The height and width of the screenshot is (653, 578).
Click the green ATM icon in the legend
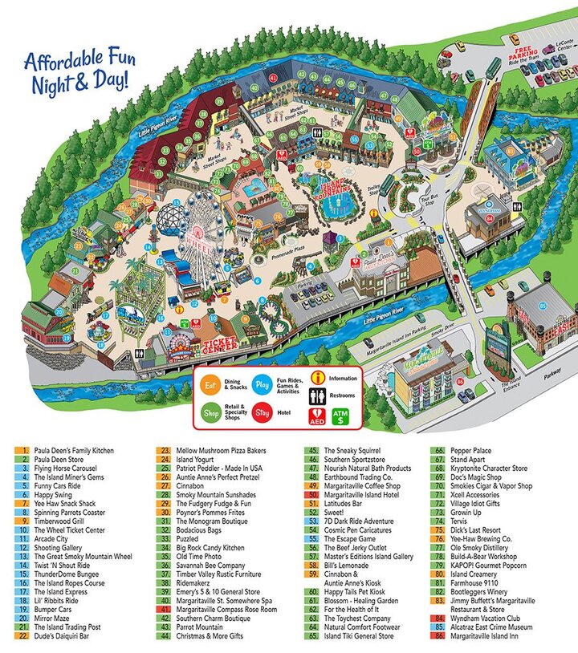[338, 416]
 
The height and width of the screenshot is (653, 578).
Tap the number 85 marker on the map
[543, 305]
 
